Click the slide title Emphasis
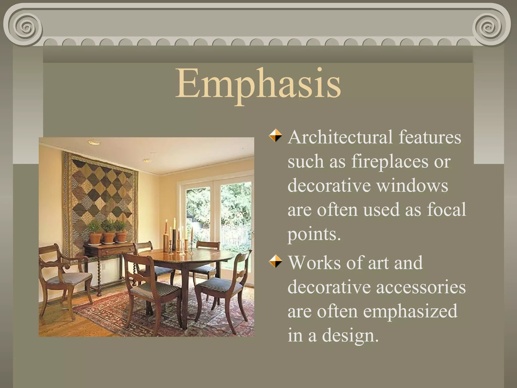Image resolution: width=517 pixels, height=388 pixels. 258,83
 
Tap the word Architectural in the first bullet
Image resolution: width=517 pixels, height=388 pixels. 340,137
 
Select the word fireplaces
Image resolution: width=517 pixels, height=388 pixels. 390,162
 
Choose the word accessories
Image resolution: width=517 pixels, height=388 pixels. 421,287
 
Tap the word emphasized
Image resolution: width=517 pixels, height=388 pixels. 410,311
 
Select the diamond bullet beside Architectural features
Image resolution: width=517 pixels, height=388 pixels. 275,136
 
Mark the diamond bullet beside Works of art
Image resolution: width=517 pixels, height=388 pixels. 275,261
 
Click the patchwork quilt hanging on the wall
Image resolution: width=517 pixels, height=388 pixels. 101,192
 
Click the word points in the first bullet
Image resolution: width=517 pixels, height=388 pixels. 314,234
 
